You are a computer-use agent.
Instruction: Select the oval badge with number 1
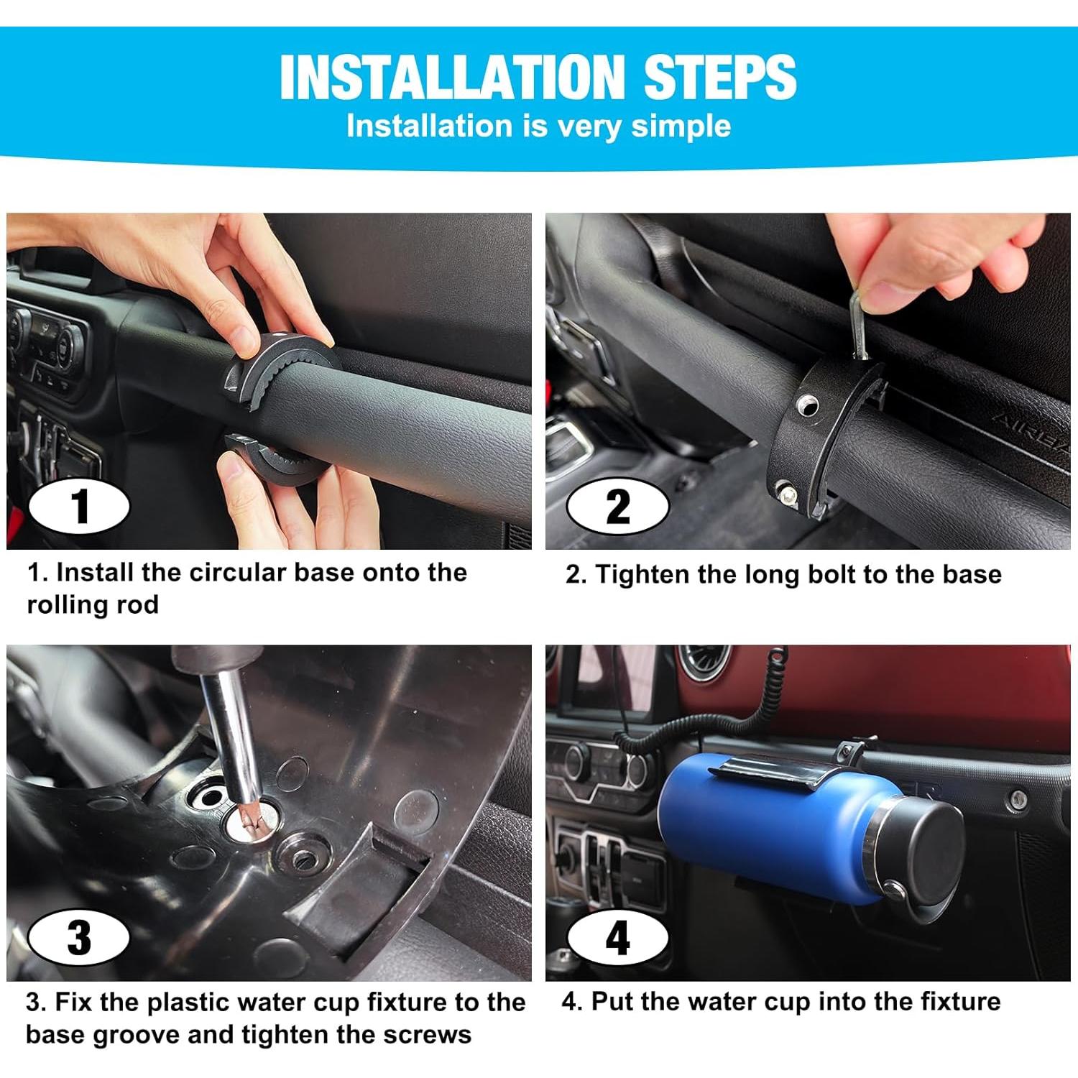(79, 506)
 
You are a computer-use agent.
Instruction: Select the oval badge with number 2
(617, 506)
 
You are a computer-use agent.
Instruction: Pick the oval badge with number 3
(79, 937)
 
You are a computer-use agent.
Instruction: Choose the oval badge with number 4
(617, 939)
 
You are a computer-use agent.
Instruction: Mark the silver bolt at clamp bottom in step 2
(789, 494)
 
